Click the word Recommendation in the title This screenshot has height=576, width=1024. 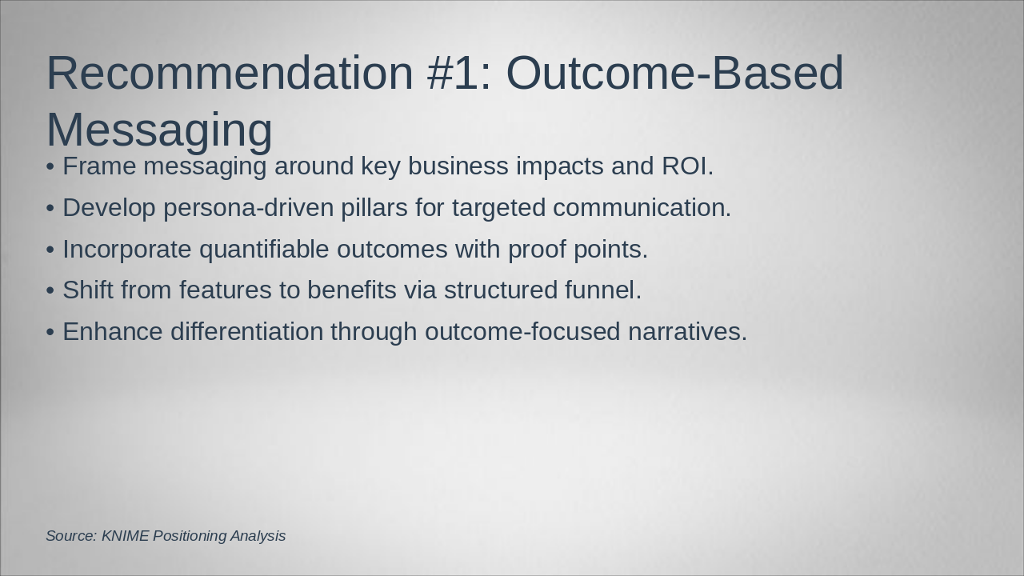(230, 73)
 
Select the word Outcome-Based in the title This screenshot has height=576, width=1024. (674, 73)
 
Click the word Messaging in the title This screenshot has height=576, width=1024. (159, 131)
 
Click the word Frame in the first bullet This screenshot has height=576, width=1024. (99, 166)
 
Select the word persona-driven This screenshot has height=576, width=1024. (249, 208)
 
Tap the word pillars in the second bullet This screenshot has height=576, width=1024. (374, 207)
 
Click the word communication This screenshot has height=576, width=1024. (642, 207)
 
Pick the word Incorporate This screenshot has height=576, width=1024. (126, 250)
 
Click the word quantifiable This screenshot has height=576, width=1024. (264, 250)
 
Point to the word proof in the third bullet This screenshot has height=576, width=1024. (537, 250)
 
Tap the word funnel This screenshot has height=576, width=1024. (603, 290)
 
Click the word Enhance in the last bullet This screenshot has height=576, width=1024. (113, 331)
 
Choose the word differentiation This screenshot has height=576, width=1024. (247, 331)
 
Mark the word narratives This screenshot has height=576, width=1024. (687, 332)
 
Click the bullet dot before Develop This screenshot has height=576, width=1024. (50, 209)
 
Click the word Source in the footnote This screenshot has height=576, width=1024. (71, 536)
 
